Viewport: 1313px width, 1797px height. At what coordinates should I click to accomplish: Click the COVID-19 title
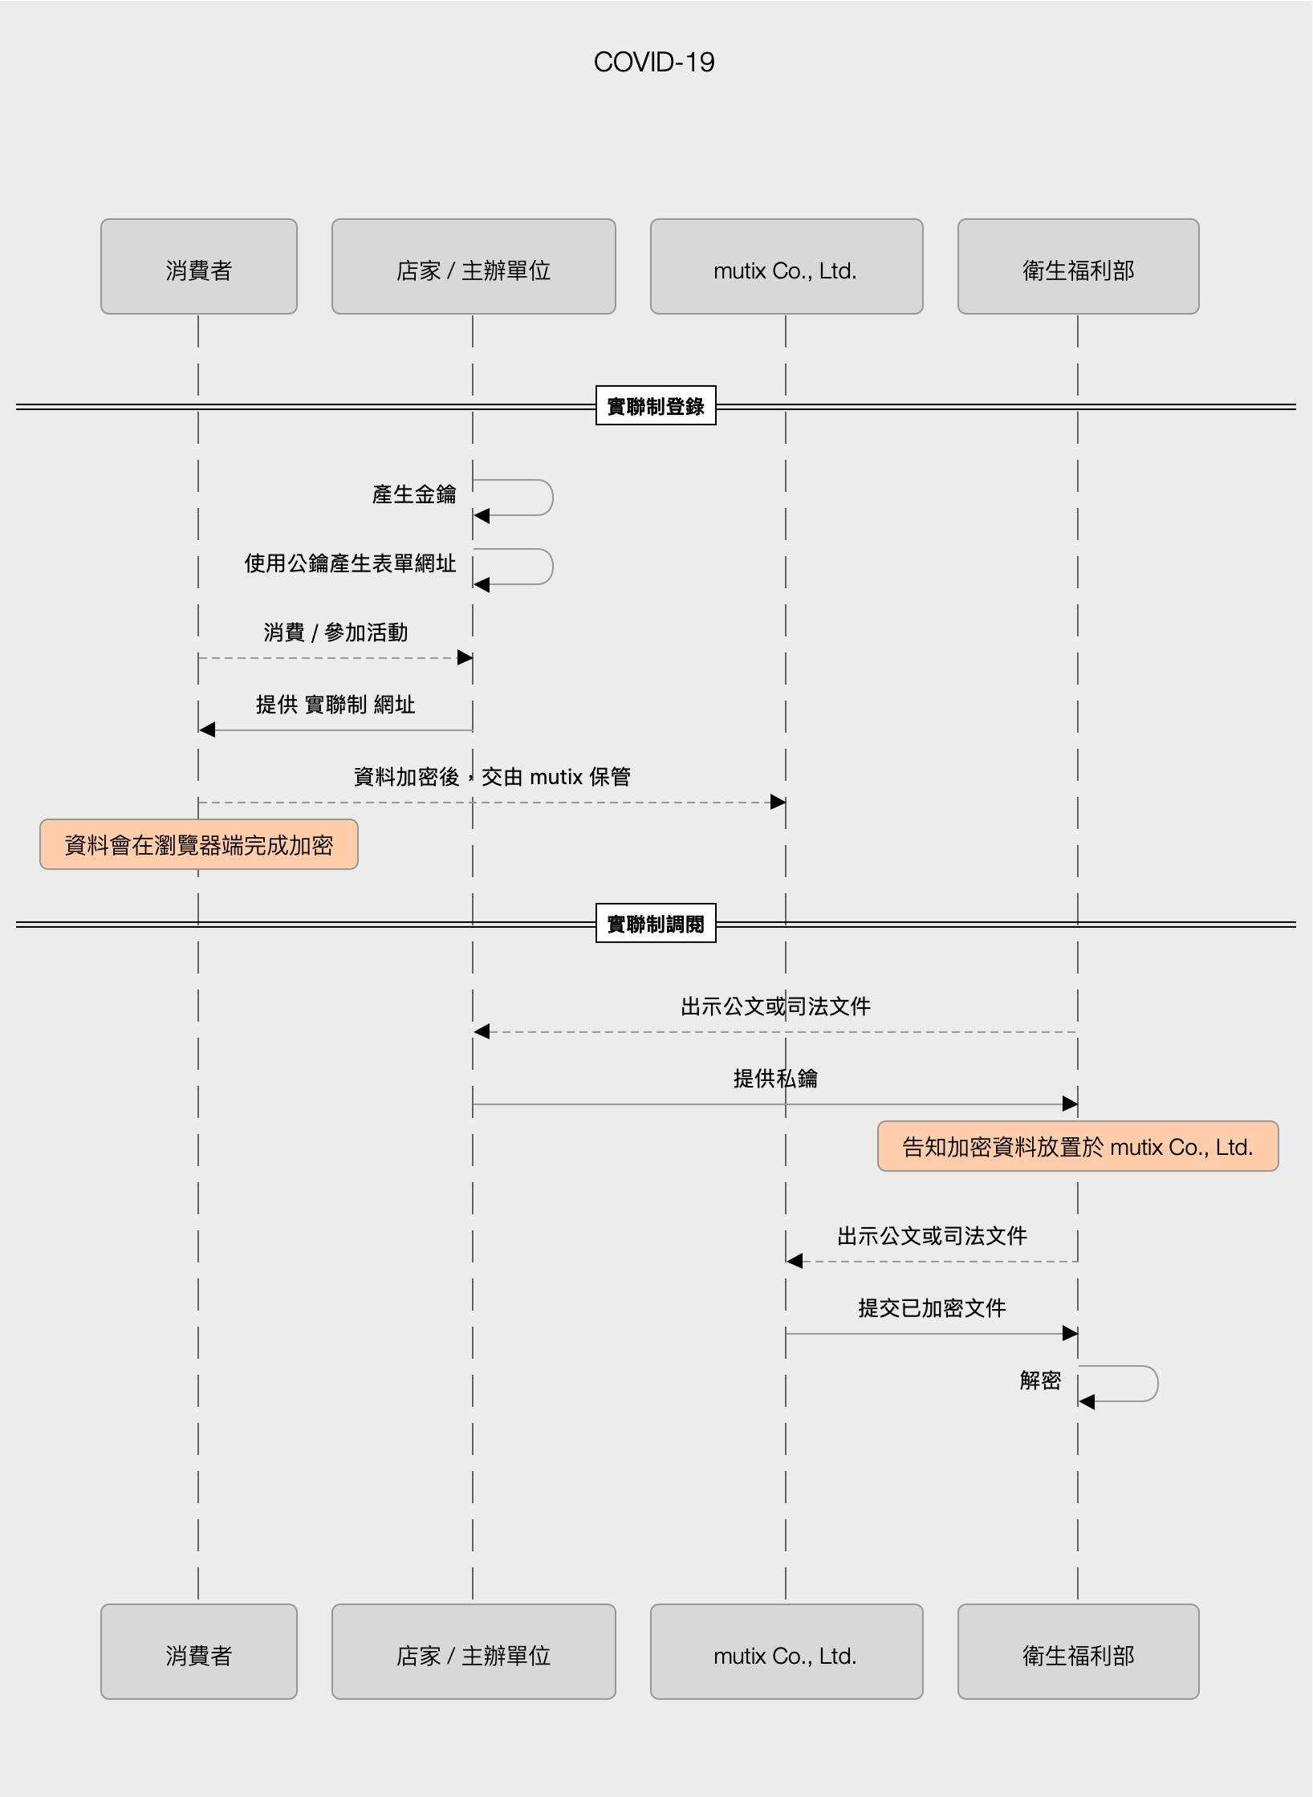[x=654, y=63]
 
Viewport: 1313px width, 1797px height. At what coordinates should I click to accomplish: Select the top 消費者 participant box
[x=198, y=267]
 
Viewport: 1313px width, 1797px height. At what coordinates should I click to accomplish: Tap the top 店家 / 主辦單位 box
[x=474, y=267]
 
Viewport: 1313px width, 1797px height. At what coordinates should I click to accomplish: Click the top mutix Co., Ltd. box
[x=786, y=267]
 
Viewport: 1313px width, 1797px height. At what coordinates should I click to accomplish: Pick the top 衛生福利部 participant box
[x=1078, y=267]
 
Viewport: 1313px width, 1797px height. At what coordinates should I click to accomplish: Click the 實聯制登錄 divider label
[x=656, y=406]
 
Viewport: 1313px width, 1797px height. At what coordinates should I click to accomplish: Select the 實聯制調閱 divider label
[x=656, y=924]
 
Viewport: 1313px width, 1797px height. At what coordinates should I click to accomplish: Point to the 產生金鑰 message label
[x=414, y=494]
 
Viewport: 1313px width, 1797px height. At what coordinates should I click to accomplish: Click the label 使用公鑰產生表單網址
[x=350, y=563]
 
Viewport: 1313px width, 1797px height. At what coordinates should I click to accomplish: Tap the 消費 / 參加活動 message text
[x=335, y=632]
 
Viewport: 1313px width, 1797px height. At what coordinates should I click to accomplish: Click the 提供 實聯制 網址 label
[x=335, y=705]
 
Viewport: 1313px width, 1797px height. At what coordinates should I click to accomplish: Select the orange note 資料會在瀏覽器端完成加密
[x=199, y=844]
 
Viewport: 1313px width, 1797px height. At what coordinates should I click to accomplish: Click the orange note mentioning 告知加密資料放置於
[x=1077, y=1147]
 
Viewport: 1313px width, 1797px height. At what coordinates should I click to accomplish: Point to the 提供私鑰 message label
[x=775, y=1079]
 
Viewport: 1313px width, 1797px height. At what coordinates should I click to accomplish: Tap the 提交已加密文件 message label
[x=932, y=1308]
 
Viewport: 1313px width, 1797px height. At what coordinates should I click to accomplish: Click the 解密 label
[x=1040, y=1380]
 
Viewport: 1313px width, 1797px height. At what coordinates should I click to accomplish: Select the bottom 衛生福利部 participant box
[x=1078, y=1652]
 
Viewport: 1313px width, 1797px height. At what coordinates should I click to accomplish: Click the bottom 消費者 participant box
[x=198, y=1652]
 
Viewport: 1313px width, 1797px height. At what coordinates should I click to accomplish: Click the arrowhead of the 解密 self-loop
[x=1087, y=1402]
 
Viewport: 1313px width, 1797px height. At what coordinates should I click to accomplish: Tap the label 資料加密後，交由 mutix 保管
[x=492, y=777]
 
